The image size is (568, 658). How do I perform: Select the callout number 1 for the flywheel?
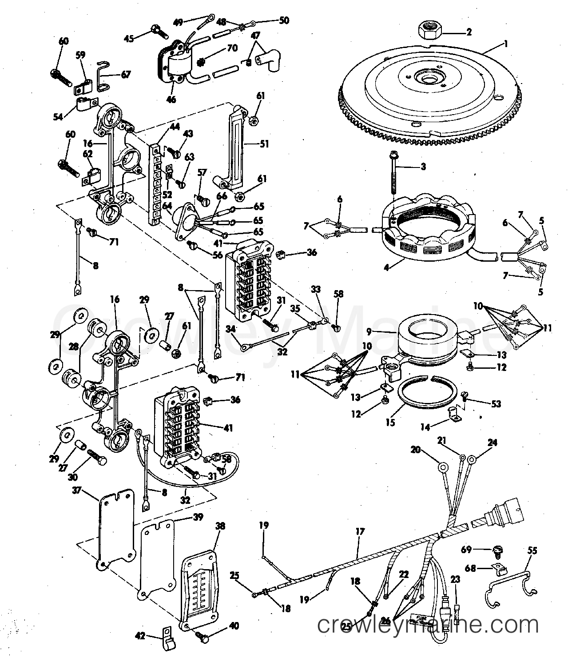coord(506,44)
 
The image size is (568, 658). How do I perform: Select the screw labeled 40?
coord(204,638)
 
